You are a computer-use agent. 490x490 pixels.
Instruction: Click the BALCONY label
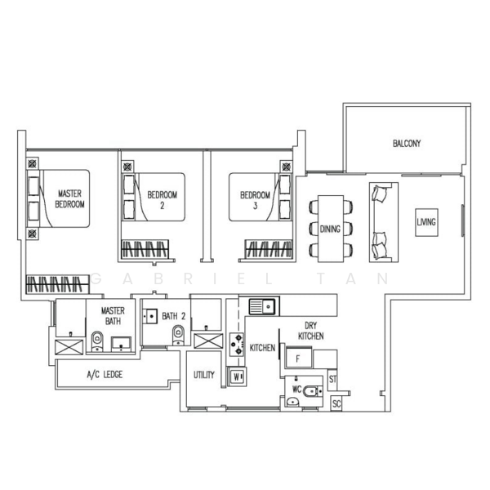tap(407, 144)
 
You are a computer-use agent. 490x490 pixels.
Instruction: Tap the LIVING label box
tap(426, 222)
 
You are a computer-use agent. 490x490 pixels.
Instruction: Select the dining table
tap(331, 229)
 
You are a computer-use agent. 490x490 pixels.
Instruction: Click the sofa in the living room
tap(384, 222)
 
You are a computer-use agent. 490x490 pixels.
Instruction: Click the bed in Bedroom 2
tap(154, 197)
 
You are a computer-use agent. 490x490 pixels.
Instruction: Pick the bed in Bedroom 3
tap(260, 197)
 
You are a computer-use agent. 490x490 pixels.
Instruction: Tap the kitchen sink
tap(262, 306)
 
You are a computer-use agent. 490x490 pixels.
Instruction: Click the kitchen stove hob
tap(237, 345)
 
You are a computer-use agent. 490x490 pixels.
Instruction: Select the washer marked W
tap(237, 377)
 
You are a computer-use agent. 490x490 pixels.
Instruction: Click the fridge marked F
tap(298, 359)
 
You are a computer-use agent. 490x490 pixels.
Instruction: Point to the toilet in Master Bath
tap(97, 341)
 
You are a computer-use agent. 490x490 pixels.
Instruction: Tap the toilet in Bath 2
tap(178, 336)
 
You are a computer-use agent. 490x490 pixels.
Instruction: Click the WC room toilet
tap(313, 391)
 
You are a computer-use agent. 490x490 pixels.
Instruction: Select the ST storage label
tap(332, 380)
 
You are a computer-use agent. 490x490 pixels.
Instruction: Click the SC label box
tap(336, 403)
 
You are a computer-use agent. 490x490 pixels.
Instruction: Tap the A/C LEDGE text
tap(105, 374)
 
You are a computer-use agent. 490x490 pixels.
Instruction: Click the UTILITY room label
tap(203, 375)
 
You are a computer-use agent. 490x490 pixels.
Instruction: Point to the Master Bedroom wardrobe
tap(57, 284)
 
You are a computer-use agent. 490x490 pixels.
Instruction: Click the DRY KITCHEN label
tap(310, 331)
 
